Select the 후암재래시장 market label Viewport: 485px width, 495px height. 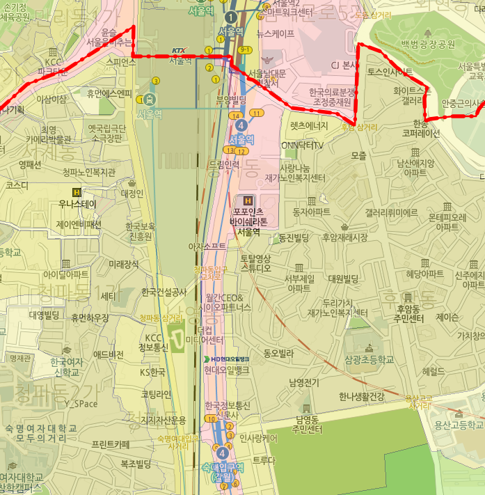(x=344, y=237)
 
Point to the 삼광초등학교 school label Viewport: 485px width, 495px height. (x=369, y=359)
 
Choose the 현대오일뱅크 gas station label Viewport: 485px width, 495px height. (x=227, y=370)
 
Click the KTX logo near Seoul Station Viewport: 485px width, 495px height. (x=179, y=50)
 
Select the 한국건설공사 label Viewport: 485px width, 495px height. (x=164, y=292)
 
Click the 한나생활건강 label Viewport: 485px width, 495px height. (x=361, y=396)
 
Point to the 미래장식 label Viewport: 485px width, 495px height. (x=124, y=264)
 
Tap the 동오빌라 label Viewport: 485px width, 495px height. (x=278, y=353)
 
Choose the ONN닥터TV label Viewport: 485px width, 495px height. (x=302, y=145)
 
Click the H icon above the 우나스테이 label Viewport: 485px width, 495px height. (x=79, y=192)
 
